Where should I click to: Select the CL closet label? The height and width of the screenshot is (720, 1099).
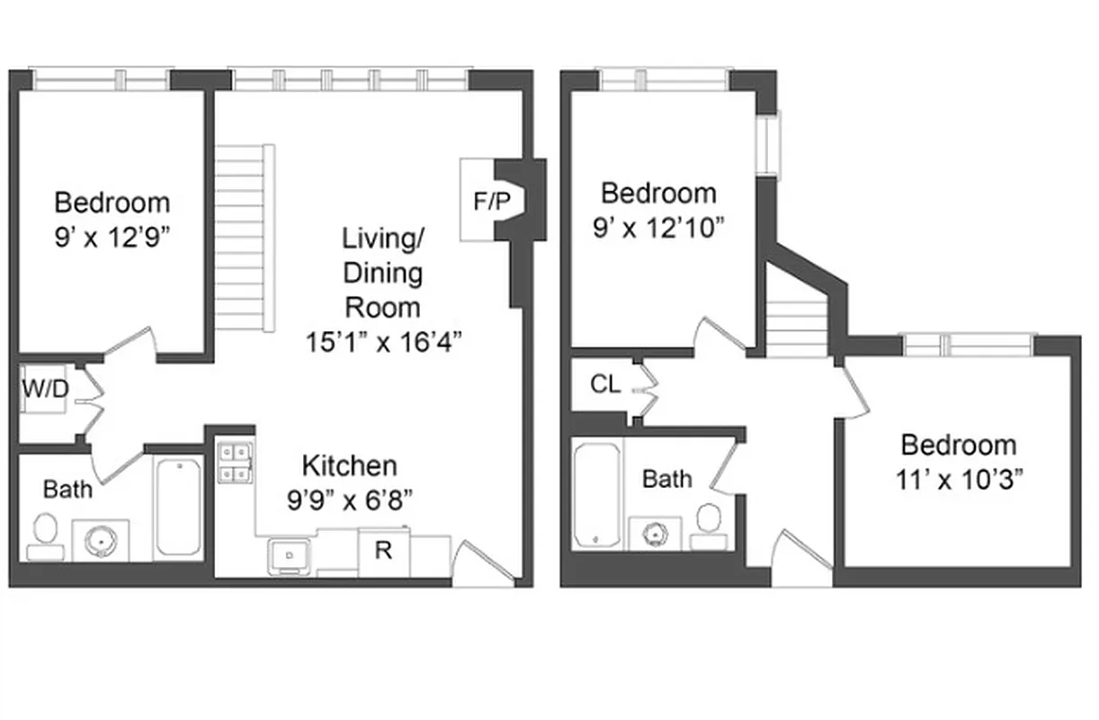[605, 384]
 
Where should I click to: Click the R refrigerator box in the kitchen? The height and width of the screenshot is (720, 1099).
[383, 551]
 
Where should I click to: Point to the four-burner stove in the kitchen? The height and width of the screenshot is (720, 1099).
[235, 463]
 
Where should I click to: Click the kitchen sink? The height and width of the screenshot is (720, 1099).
[290, 555]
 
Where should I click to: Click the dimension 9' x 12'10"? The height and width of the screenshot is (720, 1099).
[659, 227]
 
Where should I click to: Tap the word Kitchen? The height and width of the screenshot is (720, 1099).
[349, 466]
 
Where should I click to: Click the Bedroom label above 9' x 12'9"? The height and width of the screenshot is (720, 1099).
[112, 202]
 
